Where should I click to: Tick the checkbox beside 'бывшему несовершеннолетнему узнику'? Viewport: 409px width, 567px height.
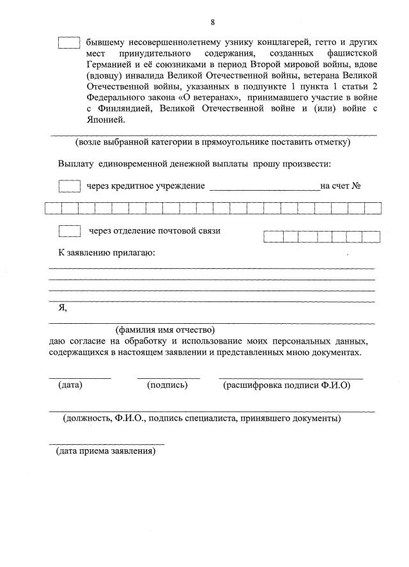(x=68, y=42)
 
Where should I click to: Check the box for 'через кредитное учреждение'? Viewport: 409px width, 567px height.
(x=68, y=186)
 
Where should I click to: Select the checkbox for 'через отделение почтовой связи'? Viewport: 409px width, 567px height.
(x=68, y=230)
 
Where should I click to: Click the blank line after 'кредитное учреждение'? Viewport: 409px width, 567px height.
(x=264, y=188)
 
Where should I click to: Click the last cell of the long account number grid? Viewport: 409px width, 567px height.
(x=373, y=208)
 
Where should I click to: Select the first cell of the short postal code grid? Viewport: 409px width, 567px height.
(x=273, y=237)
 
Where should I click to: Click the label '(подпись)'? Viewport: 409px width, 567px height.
(x=167, y=385)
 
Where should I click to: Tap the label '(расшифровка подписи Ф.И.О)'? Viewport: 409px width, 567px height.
(x=286, y=385)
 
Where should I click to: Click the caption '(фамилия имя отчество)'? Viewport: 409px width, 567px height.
(x=164, y=330)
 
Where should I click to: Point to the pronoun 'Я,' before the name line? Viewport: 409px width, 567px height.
(x=63, y=308)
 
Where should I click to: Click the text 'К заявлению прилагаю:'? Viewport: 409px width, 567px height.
(x=107, y=253)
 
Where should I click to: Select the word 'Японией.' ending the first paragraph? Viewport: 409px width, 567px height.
(x=105, y=119)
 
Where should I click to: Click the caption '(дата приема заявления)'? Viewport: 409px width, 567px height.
(x=105, y=451)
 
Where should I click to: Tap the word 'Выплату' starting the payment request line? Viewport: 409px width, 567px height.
(x=76, y=164)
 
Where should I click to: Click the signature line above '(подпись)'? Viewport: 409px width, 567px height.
(x=168, y=378)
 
